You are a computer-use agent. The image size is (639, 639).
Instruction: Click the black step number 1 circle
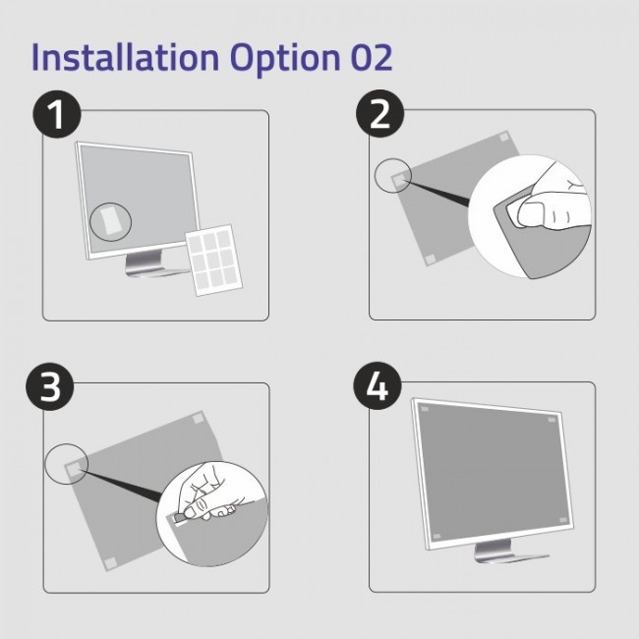(x=60, y=115)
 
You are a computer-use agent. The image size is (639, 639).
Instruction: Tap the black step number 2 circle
(x=379, y=115)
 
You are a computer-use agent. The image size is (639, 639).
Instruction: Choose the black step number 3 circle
(x=52, y=387)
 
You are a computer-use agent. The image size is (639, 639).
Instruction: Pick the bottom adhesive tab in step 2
(x=431, y=260)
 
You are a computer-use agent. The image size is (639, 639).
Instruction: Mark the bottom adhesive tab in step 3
(x=110, y=561)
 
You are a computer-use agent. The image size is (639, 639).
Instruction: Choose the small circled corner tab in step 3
(x=71, y=467)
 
